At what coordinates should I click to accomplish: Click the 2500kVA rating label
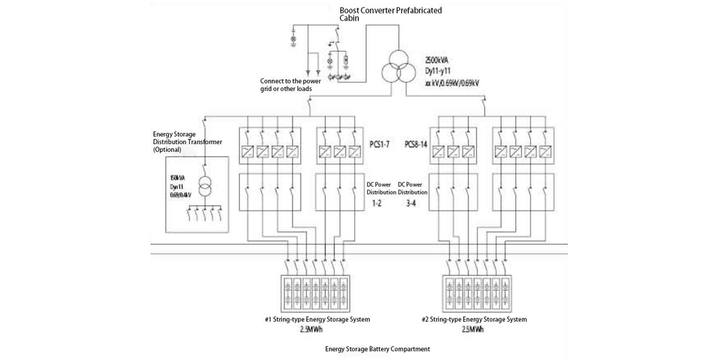coord(436,60)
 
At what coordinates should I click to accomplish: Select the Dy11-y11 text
coord(438,71)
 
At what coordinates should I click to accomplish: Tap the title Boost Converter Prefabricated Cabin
coord(390,14)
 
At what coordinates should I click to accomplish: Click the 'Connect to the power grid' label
coord(290,85)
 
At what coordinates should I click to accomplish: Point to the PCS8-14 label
coord(416,144)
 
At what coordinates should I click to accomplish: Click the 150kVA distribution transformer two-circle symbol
coord(204,187)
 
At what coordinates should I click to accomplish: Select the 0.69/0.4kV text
coord(180,195)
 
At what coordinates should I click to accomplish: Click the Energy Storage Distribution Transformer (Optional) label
coord(187,142)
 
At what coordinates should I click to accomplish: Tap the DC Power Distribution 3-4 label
coord(412,194)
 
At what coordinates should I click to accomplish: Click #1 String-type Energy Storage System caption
coord(317,320)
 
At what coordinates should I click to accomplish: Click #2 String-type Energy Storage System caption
coord(474,320)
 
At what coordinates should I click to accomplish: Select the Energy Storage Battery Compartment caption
coord(377,349)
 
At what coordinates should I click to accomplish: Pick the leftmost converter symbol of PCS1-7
coord(249,151)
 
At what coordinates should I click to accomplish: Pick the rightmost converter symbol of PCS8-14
coord(545,151)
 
